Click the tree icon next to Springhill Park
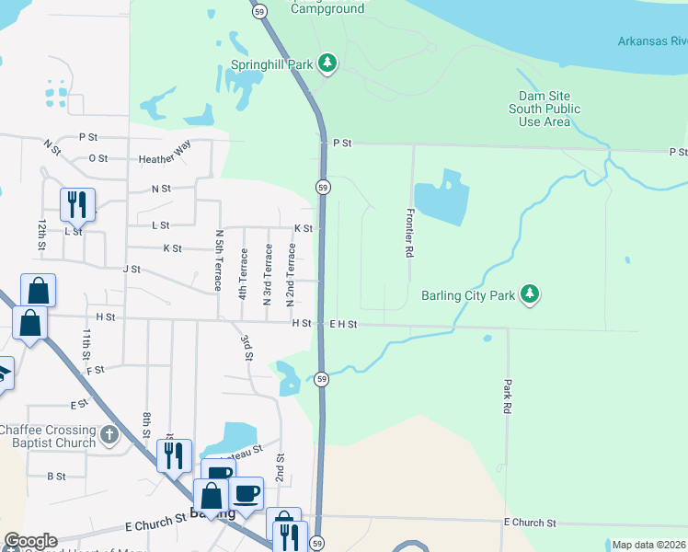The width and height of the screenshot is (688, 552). pyautogui.click(x=327, y=63)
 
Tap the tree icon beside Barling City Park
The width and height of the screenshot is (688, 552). pyautogui.click(x=529, y=294)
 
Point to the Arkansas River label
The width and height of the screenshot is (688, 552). pyautogui.click(x=651, y=41)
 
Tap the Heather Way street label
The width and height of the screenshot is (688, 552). pyautogui.click(x=165, y=159)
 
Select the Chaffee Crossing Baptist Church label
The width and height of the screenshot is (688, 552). pyautogui.click(x=48, y=436)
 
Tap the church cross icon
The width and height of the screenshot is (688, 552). pyautogui.click(x=109, y=434)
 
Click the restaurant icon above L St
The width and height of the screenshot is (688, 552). pyautogui.click(x=77, y=204)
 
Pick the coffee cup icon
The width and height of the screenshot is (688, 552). pyautogui.click(x=247, y=493)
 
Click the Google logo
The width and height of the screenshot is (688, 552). pyautogui.click(x=30, y=541)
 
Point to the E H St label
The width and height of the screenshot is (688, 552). pyautogui.click(x=343, y=325)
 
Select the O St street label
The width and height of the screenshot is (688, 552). pyautogui.click(x=97, y=157)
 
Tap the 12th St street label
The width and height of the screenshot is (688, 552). pyautogui.click(x=41, y=235)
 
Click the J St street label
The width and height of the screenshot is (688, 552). pyautogui.click(x=131, y=270)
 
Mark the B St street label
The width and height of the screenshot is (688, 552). pyautogui.click(x=56, y=477)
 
